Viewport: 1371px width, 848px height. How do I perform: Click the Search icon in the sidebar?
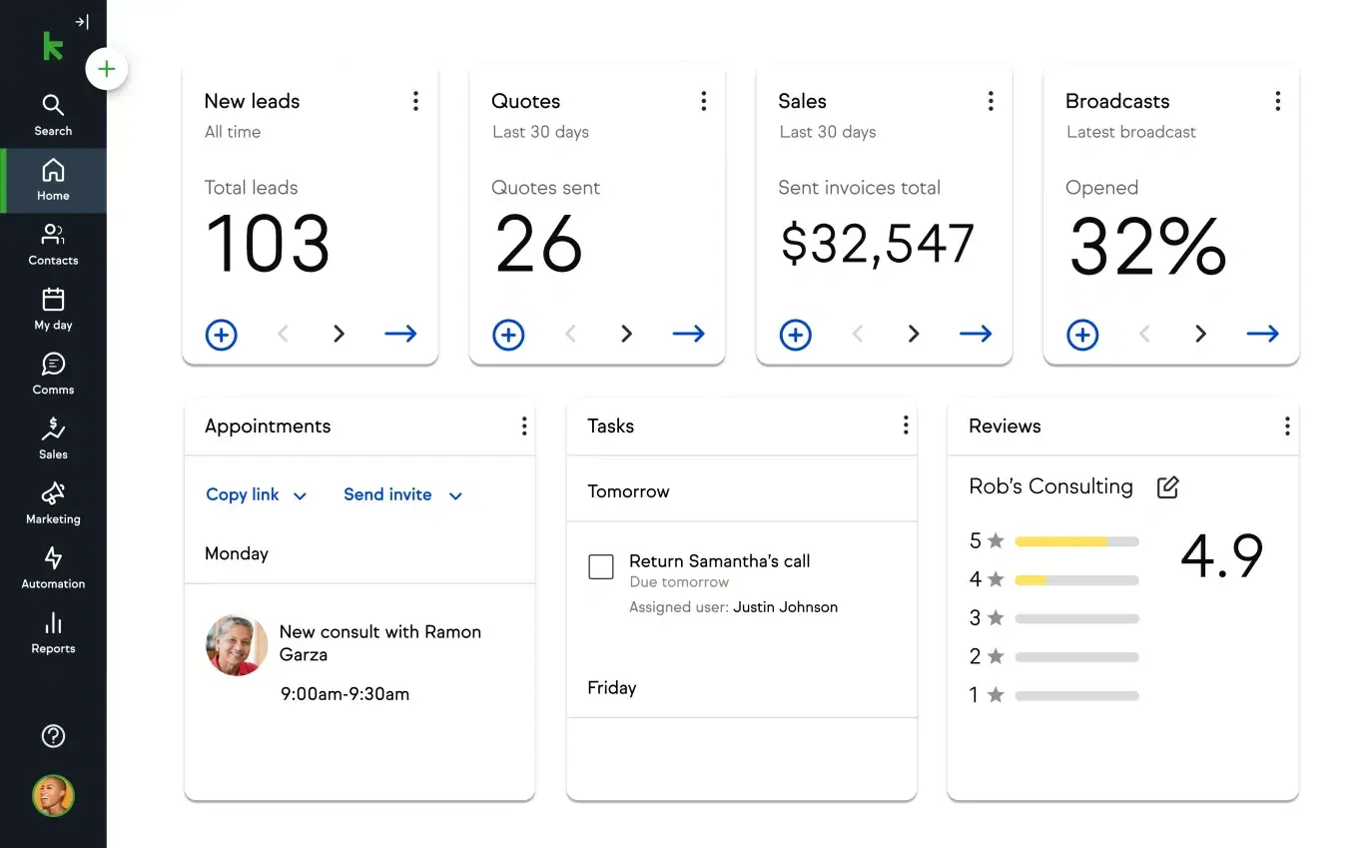53,105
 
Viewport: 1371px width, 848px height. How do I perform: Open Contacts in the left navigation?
53,236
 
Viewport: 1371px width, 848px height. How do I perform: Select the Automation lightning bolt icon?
53,558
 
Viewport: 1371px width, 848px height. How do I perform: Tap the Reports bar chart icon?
53,624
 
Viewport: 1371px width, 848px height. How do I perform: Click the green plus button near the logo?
107,70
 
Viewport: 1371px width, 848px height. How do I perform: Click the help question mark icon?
53,736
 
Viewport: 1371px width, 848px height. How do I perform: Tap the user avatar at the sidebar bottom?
53,796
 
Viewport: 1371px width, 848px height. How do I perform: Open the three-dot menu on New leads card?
415,101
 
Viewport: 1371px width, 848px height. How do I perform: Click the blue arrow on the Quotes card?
688,334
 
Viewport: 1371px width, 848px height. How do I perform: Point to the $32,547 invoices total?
876,245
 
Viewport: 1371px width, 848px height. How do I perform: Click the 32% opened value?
1147,247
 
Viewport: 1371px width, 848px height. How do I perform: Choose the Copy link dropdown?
256,494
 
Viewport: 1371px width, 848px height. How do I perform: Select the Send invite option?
402,494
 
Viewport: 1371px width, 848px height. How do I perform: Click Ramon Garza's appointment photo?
237,645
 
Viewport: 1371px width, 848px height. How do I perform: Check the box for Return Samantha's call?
601,567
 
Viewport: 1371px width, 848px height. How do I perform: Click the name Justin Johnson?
785,607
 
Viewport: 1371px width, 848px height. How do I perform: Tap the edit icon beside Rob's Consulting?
1167,487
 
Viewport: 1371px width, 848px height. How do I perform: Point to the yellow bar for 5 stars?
1060,541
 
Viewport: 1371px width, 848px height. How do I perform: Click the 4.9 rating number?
1221,556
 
